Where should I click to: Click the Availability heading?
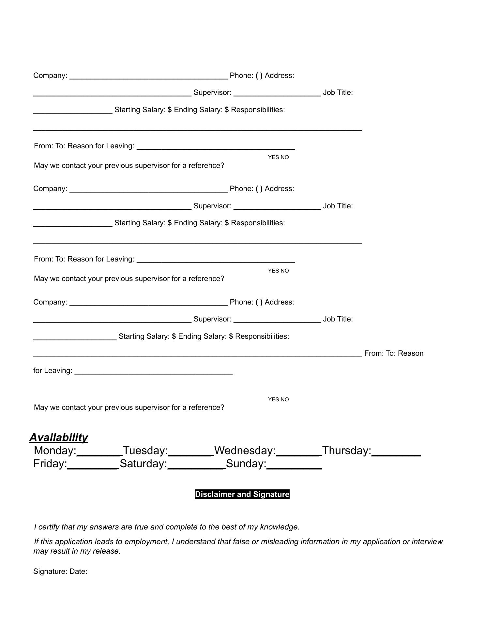click(x=59, y=438)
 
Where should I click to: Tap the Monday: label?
click(x=55, y=451)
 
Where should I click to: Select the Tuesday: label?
click(x=145, y=451)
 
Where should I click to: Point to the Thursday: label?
click(x=347, y=451)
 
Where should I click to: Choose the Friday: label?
click(x=50, y=464)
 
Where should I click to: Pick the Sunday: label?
click(x=246, y=464)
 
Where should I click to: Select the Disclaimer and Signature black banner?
click(x=242, y=494)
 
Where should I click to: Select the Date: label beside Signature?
click(x=78, y=571)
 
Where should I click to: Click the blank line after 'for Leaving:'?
click(x=154, y=373)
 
